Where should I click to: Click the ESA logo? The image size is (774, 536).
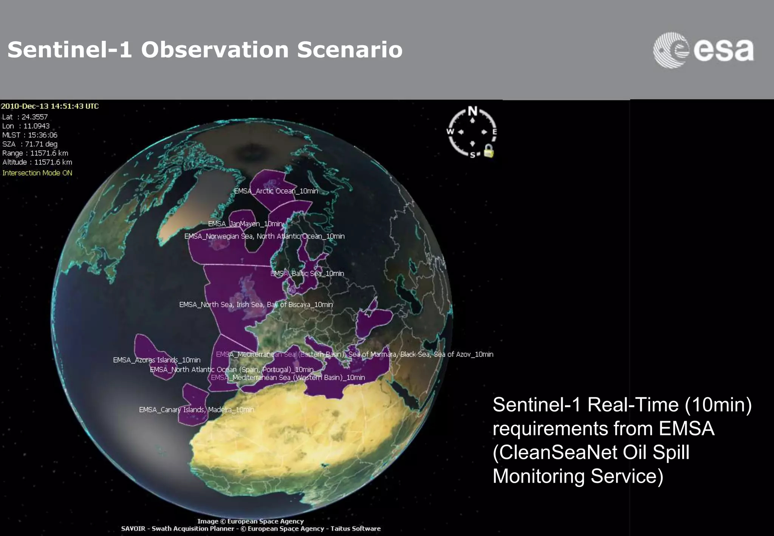point(703,50)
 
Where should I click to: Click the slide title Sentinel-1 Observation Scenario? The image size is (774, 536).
point(205,50)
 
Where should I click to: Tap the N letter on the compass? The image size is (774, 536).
point(472,111)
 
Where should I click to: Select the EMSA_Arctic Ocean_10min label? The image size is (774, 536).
point(276,191)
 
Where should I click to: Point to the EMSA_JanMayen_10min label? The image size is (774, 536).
point(245,224)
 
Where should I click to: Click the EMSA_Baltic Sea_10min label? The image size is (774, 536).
point(307,273)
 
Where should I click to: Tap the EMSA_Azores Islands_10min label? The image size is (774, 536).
point(156,360)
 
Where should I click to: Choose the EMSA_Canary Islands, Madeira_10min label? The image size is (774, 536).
point(197,410)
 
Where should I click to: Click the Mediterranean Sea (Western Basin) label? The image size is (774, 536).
point(288,377)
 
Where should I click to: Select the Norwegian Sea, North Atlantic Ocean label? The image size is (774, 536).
point(264,236)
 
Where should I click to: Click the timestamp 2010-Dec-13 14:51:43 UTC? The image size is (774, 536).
point(50,106)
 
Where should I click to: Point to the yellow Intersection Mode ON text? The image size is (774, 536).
point(37,173)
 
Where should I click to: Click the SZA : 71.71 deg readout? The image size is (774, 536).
point(30,144)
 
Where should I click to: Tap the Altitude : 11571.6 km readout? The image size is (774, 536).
point(37,162)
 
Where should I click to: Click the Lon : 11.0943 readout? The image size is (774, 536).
point(26,126)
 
